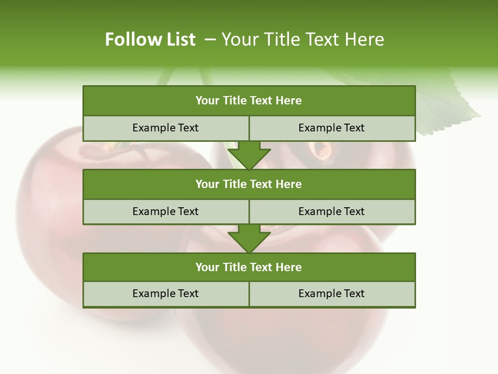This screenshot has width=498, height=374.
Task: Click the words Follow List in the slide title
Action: (150, 39)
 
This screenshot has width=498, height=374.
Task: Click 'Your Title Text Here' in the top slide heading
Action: (302, 39)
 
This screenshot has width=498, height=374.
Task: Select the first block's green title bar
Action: (249, 101)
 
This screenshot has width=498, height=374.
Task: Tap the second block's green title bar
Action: (249, 184)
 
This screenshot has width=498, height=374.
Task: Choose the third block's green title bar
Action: (249, 267)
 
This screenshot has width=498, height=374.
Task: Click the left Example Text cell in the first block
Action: (165, 128)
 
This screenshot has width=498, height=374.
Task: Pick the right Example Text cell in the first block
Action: (331, 128)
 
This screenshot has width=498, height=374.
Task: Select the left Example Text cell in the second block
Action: (165, 211)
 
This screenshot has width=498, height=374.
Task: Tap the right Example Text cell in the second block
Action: (331, 211)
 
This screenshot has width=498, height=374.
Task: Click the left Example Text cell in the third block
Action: (165, 293)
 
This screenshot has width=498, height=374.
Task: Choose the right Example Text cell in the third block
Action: (331, 293)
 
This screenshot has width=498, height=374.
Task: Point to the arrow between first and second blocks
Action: (249, 155)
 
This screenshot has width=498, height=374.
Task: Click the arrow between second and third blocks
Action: (249, 238)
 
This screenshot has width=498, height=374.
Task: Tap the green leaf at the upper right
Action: (446, 104)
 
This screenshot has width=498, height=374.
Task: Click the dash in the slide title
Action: (210, 39)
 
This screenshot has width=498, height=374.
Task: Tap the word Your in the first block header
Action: (208, 101)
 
